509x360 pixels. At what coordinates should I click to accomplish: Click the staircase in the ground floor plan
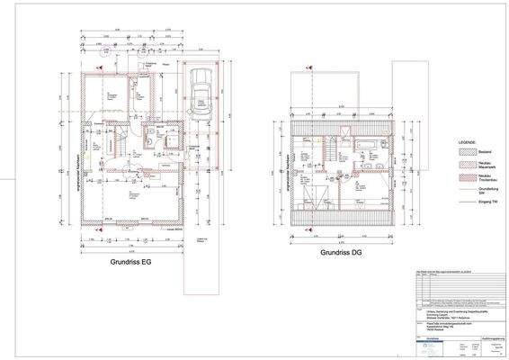click(114, 144)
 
